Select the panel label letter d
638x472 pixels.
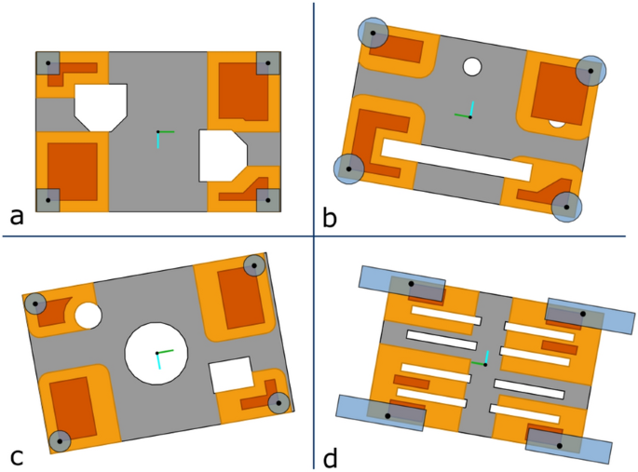329,457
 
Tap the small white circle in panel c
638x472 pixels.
88,316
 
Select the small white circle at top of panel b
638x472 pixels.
472,67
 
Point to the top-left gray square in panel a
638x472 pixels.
48,63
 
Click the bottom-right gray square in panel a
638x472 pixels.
267,199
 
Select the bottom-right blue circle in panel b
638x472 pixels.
565,207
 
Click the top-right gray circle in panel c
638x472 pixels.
253,265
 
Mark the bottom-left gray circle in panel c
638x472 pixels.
60,440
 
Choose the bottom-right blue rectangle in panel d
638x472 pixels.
568,446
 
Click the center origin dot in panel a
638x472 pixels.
157,132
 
